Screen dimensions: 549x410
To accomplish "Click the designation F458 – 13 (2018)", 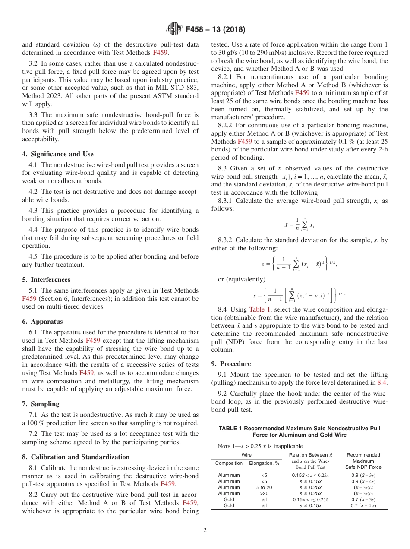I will click(x=215, y=30).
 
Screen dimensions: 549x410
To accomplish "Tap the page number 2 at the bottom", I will click(x=205, y=530).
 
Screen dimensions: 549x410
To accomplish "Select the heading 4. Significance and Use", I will click(x=57, y=154).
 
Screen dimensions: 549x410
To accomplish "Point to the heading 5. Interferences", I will click(x=46, y=280).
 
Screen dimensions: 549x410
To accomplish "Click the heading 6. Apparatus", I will click(x=42, y=322).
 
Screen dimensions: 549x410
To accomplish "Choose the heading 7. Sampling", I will click(x=41, y=404).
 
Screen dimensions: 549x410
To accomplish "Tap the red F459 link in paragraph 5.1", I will click(x=29, y=298).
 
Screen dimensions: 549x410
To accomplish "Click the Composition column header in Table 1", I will click(x=229, y=463).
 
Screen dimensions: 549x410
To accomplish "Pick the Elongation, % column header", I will click(x=264, y=463).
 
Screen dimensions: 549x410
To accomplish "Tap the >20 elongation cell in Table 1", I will click(x=264, y=493).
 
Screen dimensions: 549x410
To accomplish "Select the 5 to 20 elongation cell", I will click(x=264, y=487).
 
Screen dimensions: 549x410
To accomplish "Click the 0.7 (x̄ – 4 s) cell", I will click(x=363, y=505).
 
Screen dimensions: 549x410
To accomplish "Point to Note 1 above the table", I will click(x=257, y=446).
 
